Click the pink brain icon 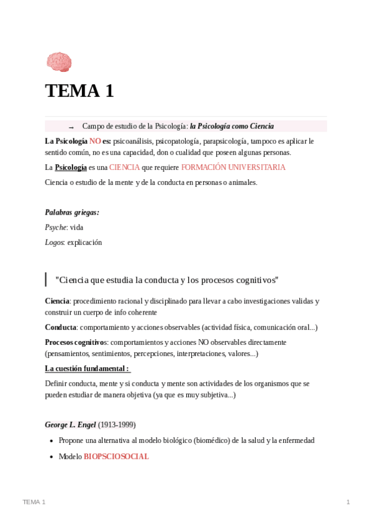click(x=59, y=62)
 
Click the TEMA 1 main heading click(x=79, y=91)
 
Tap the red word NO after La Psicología click(x=95, y=141)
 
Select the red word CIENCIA click(x=124, y=167)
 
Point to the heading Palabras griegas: click(x=72, y=212)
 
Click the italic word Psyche click(x=55, y=227)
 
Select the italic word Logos click(x=55, y=242)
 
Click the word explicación click(x=84, y=242)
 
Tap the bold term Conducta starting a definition click(x=61, y=327)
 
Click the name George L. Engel click(x=70, y=425)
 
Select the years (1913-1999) click(x=117, y=425)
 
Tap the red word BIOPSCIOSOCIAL click(x=116, y=456)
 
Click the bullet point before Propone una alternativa click(x=51, y=441)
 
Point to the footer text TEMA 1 click(x=34, y=502)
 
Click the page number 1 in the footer click(x=348, y=502)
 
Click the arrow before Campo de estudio click(x=71, y=127)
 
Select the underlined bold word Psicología click(x=71, y=167)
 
